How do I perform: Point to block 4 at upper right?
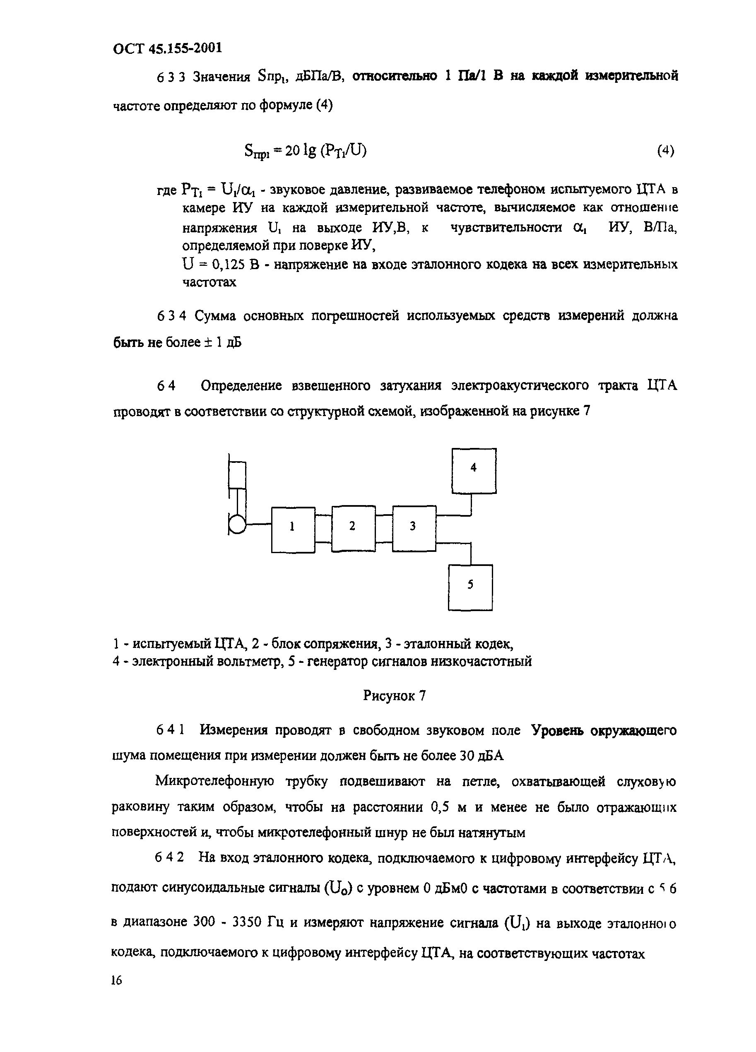pyautogui.click(x=474, y=470)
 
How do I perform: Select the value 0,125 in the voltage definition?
pyautogui.click(x=229, y=265)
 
